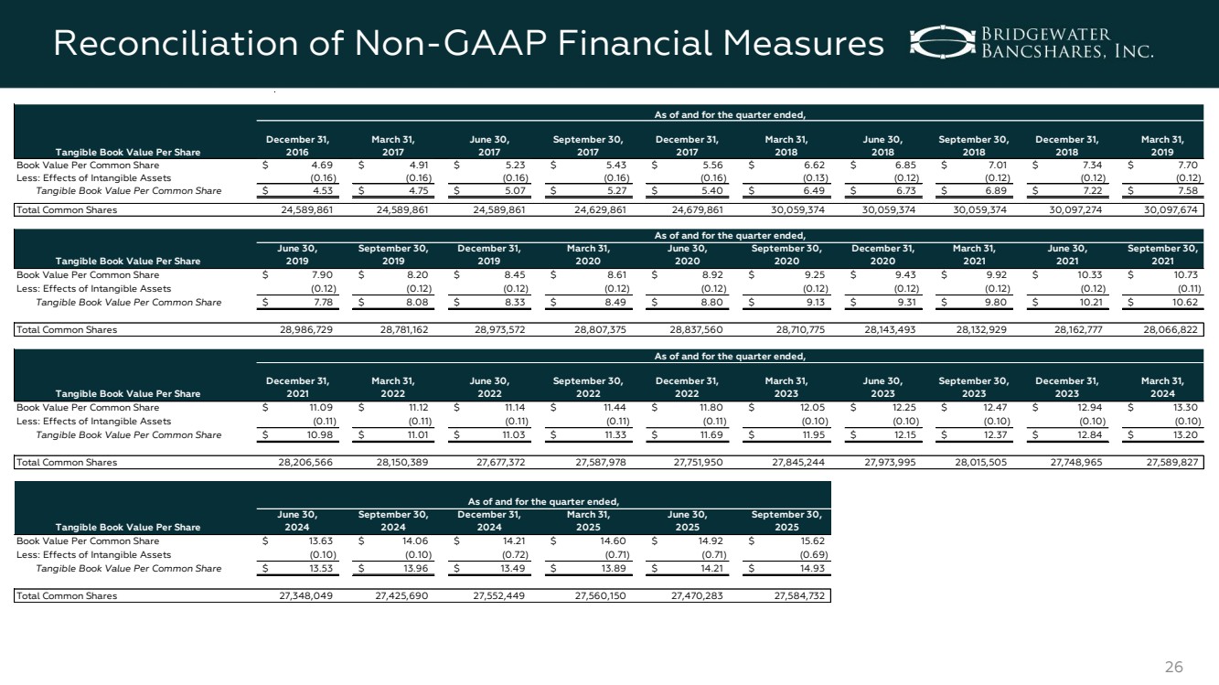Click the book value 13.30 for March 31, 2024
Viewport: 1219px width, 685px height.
click(x=1185, y=407)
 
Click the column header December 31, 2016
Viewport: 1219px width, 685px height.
click(x=297, y=145)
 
